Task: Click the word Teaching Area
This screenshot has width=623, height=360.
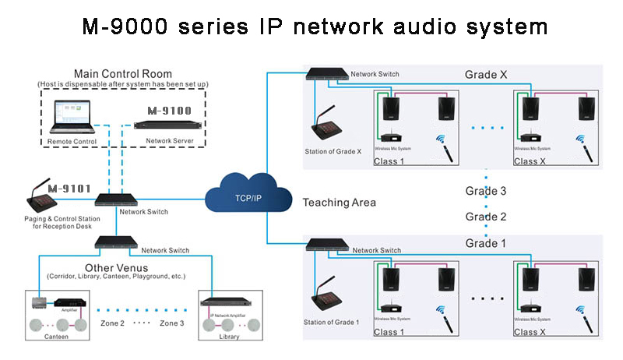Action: pyautogui.click(x=339, y=203)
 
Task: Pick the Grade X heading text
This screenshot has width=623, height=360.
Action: pyautogui.click(x=487, y=75)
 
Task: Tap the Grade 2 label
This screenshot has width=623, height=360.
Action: pyautogui.click(x=487, y=217)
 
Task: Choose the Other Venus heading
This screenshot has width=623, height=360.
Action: pyautogui.click(x=117, y=266)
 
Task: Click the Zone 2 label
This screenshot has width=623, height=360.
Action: pyautogui.click(x=114, y=323)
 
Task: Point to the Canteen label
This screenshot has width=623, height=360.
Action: pyautogui.click(x=57, y=337)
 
